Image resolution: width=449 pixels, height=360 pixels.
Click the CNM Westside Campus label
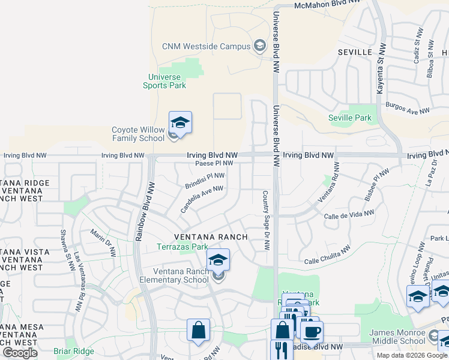coord(205,46)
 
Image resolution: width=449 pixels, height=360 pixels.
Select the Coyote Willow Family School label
coord(138,134)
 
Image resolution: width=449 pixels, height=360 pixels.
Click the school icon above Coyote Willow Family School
coord(180,123)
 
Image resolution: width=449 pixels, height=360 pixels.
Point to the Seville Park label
coord(351,118)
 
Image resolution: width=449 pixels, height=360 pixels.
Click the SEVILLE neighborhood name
coord(355,52)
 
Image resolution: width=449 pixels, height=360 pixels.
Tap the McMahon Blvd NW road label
coord(328,6)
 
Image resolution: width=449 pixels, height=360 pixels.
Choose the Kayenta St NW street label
coord(380,69)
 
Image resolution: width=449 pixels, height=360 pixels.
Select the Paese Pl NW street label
coord(214,163)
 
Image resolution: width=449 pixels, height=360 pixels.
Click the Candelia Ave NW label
coord(202,199)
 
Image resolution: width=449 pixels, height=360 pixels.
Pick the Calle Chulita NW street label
coord(327,256)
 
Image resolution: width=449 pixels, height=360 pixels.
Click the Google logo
coord(20,352)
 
